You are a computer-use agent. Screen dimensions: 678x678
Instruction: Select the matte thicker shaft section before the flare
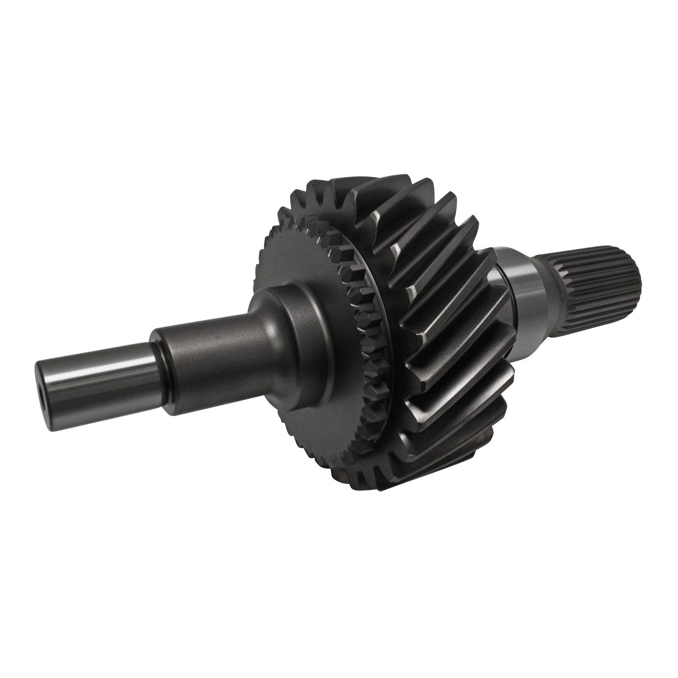(203, 348)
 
